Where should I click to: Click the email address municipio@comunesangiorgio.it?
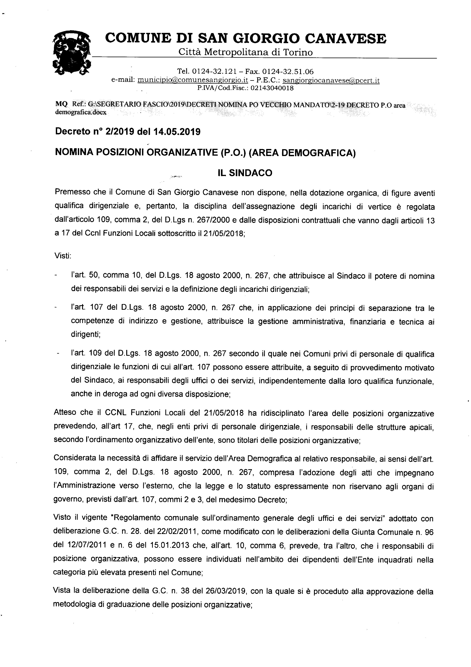(x=193, y=80)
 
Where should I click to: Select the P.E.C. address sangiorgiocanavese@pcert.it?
(x=331, y=80)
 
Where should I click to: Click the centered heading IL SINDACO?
(x=245, y=173)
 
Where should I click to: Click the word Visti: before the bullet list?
(x=63, y=256)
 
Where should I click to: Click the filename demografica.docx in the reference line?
(x=81, y=112)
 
